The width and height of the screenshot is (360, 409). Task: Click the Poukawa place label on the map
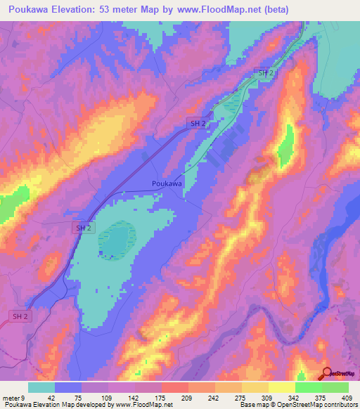click(x=167, y=183)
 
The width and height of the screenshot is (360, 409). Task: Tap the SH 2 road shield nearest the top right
click(x=266, y=73)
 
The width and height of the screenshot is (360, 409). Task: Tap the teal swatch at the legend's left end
click(x=41, y=387)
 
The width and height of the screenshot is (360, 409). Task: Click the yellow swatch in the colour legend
click(x=282, y=387)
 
